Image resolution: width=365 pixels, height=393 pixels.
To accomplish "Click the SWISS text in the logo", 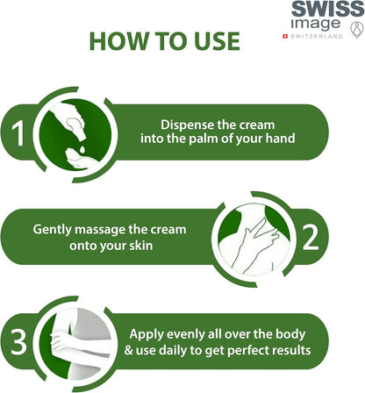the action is click(x=327, y=9).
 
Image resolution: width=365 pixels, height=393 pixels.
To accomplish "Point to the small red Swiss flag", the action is click(x=285, y=36).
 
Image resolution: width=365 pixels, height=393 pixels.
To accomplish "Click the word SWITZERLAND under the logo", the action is click(x=317, y=36).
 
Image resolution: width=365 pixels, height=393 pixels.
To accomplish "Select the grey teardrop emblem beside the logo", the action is click(x=356, y=30).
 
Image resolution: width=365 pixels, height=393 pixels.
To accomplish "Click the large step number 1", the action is click(x=18, y=133).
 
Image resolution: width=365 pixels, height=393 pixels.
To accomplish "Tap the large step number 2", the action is click(x=310, y=238).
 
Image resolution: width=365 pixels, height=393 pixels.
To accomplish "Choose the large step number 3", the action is click(x=18, y=342).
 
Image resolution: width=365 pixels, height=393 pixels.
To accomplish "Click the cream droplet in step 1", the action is click(x=82, y=149).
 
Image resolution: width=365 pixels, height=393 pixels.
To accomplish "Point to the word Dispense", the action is click(x=187, y=125).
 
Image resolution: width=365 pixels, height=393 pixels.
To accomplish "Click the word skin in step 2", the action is click(x=141, y=245).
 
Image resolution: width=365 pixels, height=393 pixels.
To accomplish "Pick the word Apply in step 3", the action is click(x=144, y=334).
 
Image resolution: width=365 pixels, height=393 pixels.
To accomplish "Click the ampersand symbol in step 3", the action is click(x=129, y=350).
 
